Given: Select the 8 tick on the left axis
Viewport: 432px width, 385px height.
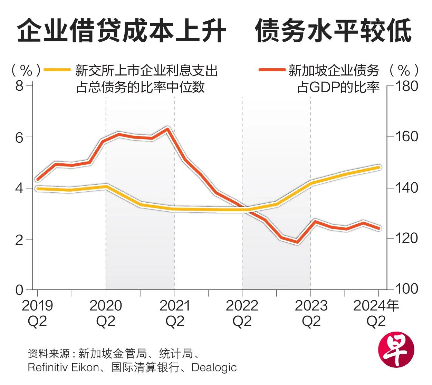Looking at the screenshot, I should coord(19,85).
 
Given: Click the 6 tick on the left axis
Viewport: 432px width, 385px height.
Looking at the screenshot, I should coord(19,137).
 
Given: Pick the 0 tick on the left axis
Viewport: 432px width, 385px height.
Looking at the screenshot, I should coord(19,290).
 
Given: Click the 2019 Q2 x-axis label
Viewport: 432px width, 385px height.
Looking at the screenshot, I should coord(37,313).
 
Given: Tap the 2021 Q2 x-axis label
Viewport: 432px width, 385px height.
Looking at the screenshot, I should coord(175,313).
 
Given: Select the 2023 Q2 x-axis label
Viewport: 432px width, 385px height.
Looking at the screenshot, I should coord(311,313).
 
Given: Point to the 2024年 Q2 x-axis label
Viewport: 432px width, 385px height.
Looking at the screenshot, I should coord(376,313).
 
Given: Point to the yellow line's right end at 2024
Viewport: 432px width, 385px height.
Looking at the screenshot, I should coord(378,168).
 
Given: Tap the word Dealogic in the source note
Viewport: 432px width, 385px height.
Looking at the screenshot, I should coord(214,367).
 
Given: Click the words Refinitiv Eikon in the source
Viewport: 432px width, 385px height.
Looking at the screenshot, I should coord(63,367).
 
